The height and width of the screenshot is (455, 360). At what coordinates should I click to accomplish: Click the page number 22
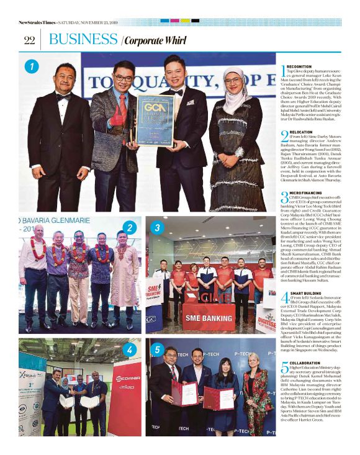pos(29,40)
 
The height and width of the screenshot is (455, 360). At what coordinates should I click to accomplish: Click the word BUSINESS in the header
pos(83,40)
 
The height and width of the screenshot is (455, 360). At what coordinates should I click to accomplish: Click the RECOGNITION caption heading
pos(300,66)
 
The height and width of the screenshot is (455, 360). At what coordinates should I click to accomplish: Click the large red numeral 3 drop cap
pos(285,198)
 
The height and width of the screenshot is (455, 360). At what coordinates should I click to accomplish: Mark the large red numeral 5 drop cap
pos(285,368)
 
